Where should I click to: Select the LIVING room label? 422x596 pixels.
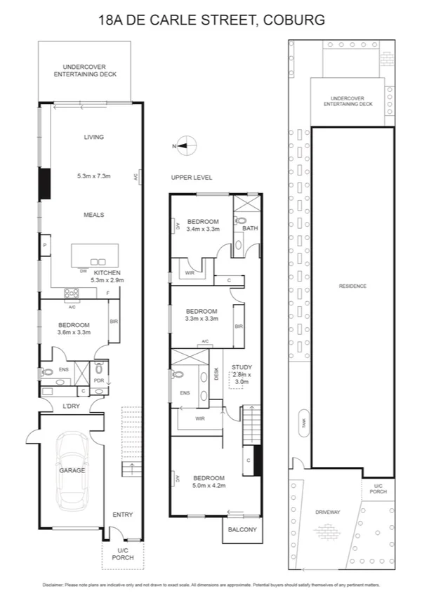click(93, 137)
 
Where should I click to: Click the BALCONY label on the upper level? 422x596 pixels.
click(240, 529)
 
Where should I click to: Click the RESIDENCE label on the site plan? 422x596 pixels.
click(352, 286)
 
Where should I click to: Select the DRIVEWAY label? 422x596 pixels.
click(327, 512)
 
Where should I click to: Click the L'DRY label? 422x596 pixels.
click(71, 406)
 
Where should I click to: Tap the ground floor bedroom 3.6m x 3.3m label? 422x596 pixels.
click(74, 329)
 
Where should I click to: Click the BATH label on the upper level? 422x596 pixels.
click(250, 228)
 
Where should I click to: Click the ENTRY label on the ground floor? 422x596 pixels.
click(122, 515)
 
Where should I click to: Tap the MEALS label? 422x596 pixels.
click(93, 215)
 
